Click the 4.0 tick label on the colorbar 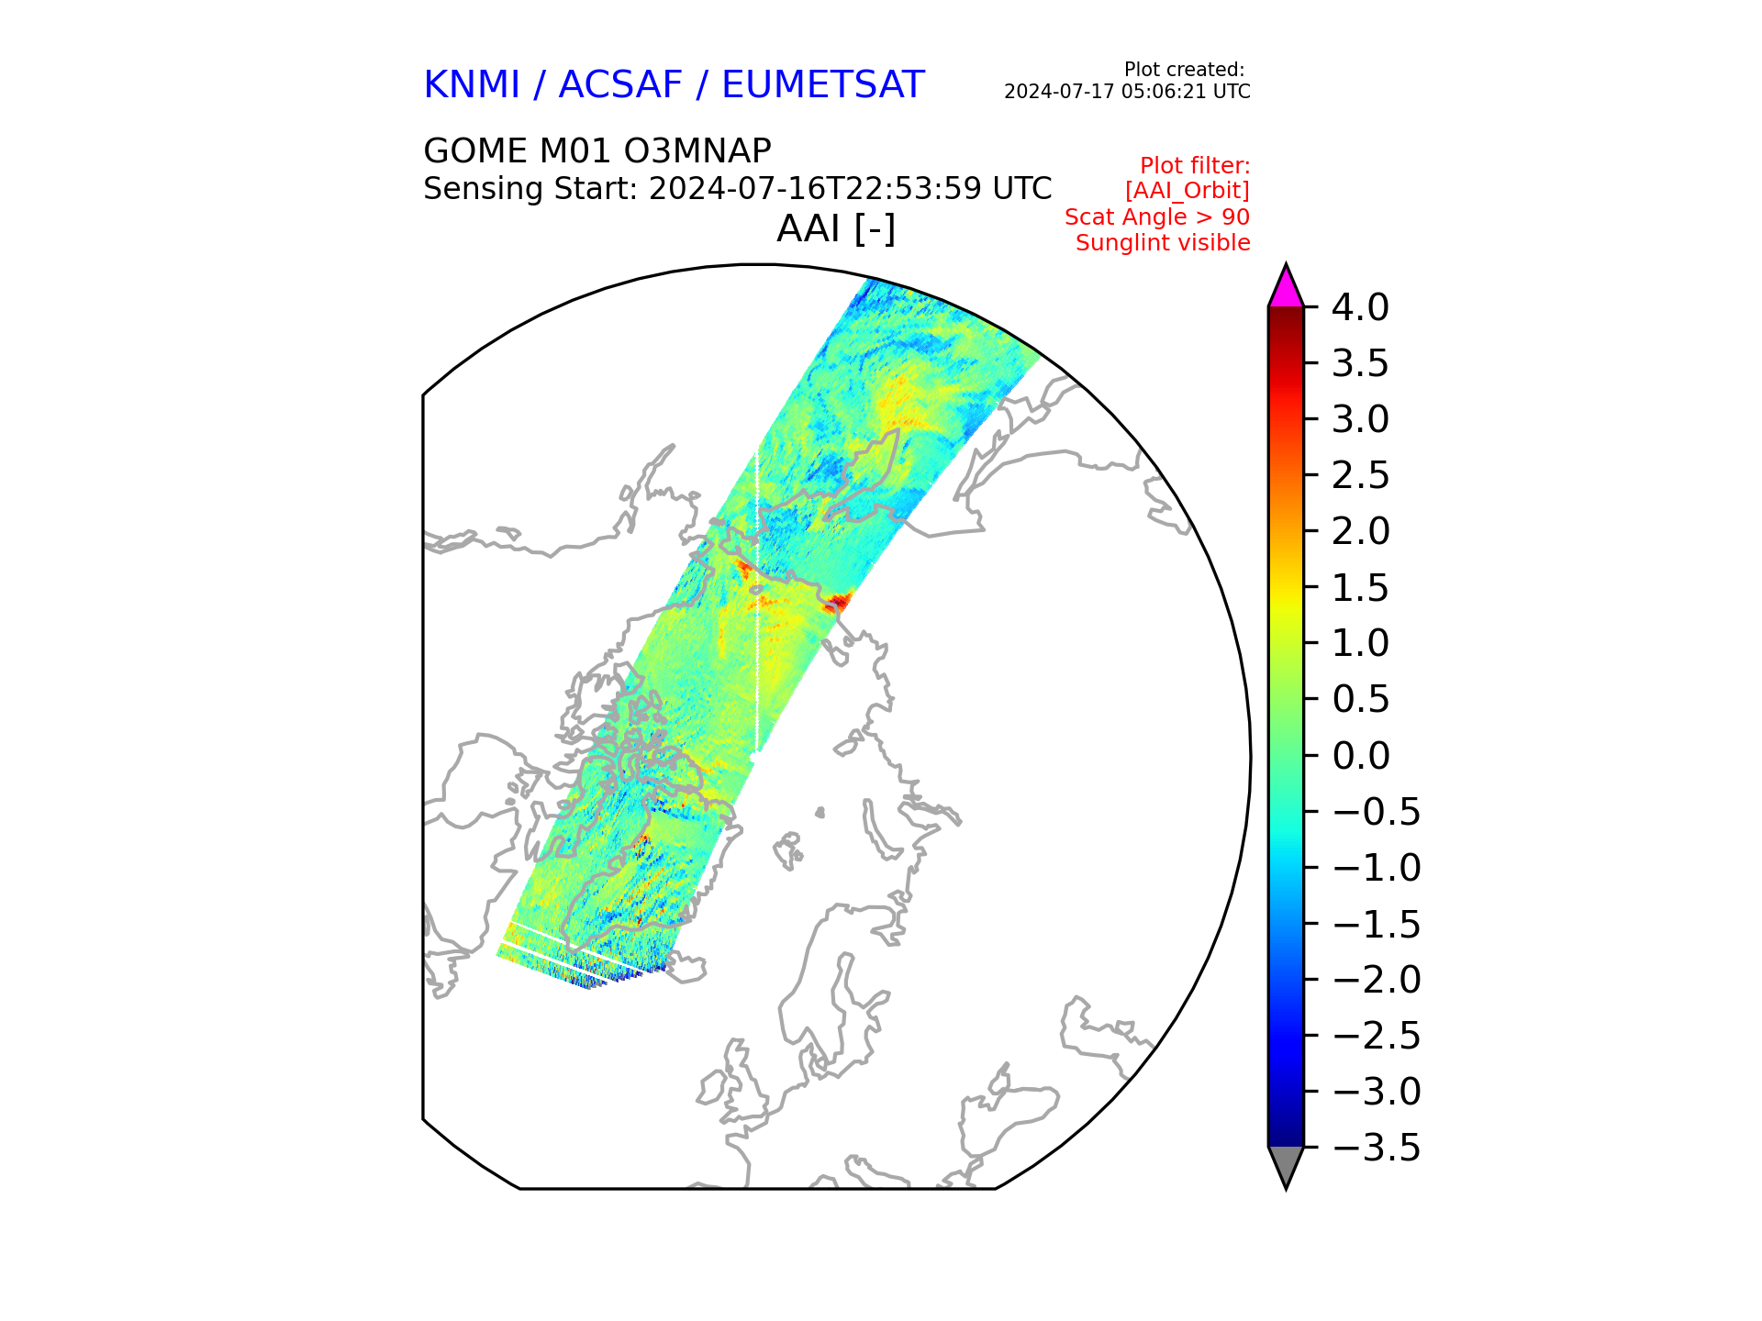click(x=1360, y=307)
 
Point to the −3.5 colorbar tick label click(x=1376, y=1148)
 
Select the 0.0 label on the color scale click(x=1360, y=756)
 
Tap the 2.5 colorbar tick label click(x=1360, y=475)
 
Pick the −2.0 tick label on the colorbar click(x=1376, y=980)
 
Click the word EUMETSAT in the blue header click(x=822, y=85)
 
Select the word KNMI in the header click(x=472, y=85)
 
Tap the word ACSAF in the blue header click(x=620, y=85)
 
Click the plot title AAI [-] click(x=836, y=229)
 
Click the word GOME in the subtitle click(x=475, y=150)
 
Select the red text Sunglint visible click(x=1163, y=243)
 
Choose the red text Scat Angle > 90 click(x=1157, y=217)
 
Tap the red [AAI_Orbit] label click(x=1188, y=192)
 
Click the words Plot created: click(x=1184, y=70)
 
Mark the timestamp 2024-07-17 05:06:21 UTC click(x=1127, y=92)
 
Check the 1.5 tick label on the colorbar click(x=1360, y=588)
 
